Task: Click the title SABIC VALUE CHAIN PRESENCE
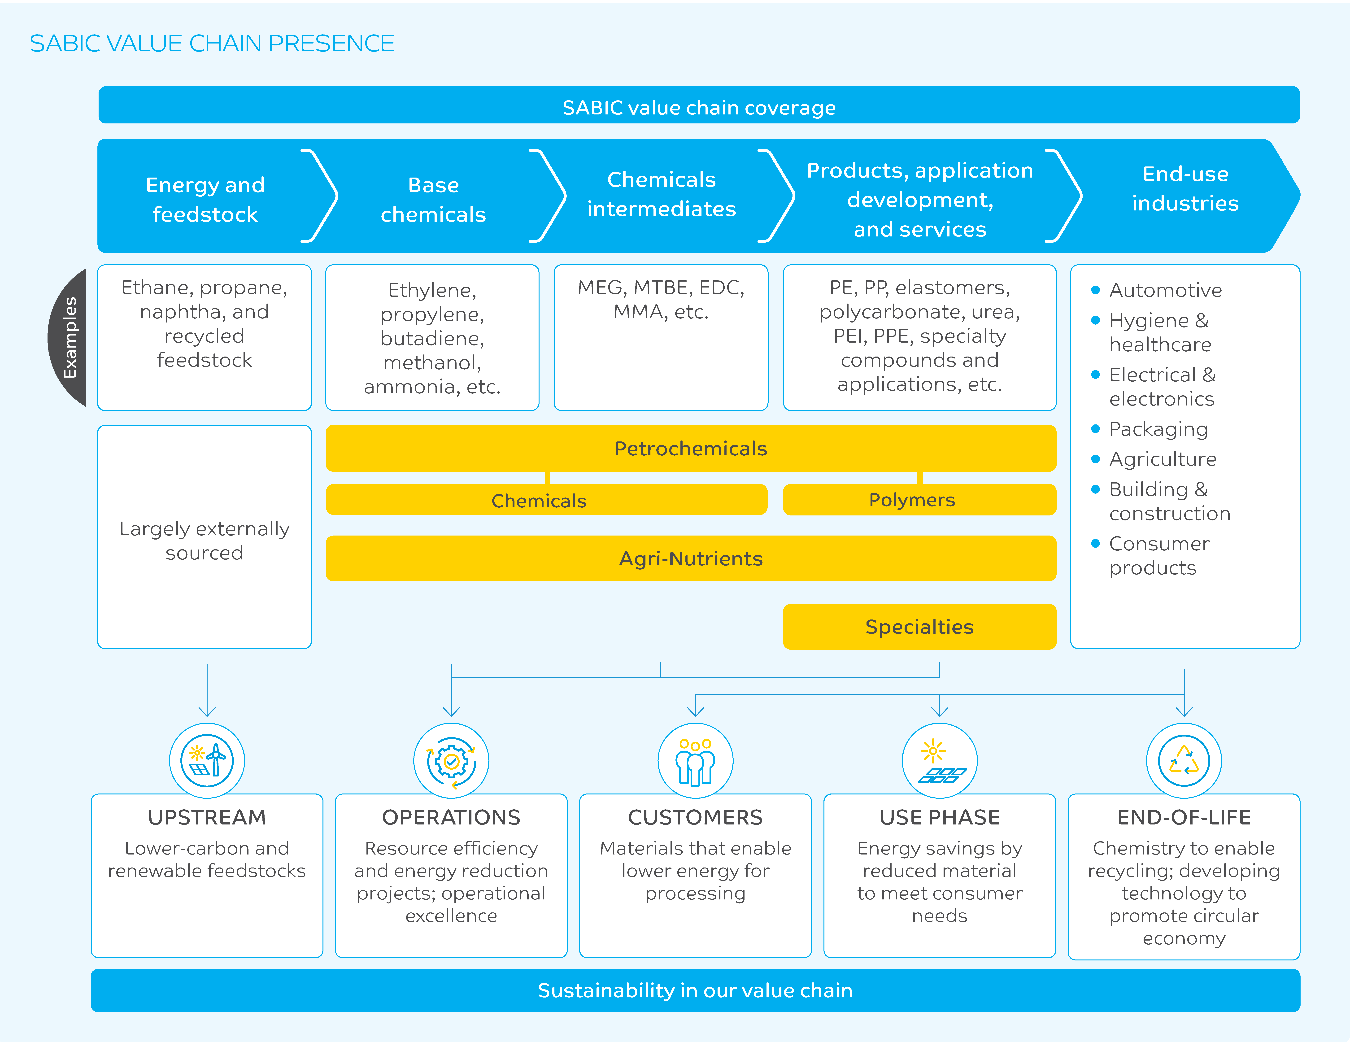click(212, 43)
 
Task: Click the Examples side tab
click(68, 337)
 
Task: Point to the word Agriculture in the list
click(1163, 459)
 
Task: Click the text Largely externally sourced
click(205, 541)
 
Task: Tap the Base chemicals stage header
click(433, 200)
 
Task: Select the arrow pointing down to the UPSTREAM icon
click(207, 690)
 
